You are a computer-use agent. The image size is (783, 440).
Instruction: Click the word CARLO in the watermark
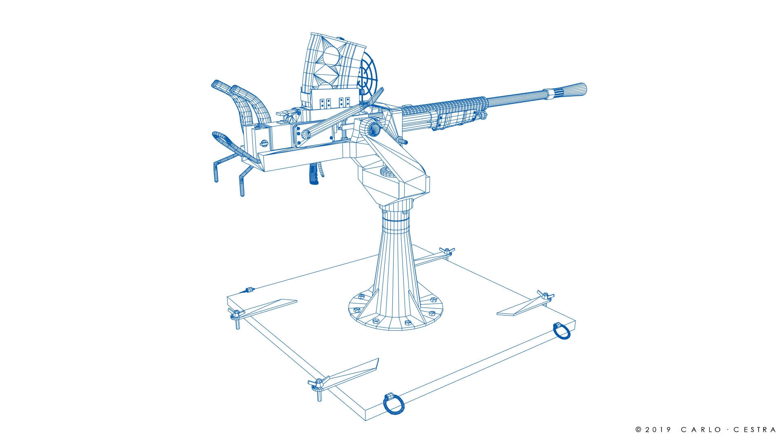[x=703, y=429]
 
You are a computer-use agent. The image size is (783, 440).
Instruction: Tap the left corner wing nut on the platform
[x=236, y=314]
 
